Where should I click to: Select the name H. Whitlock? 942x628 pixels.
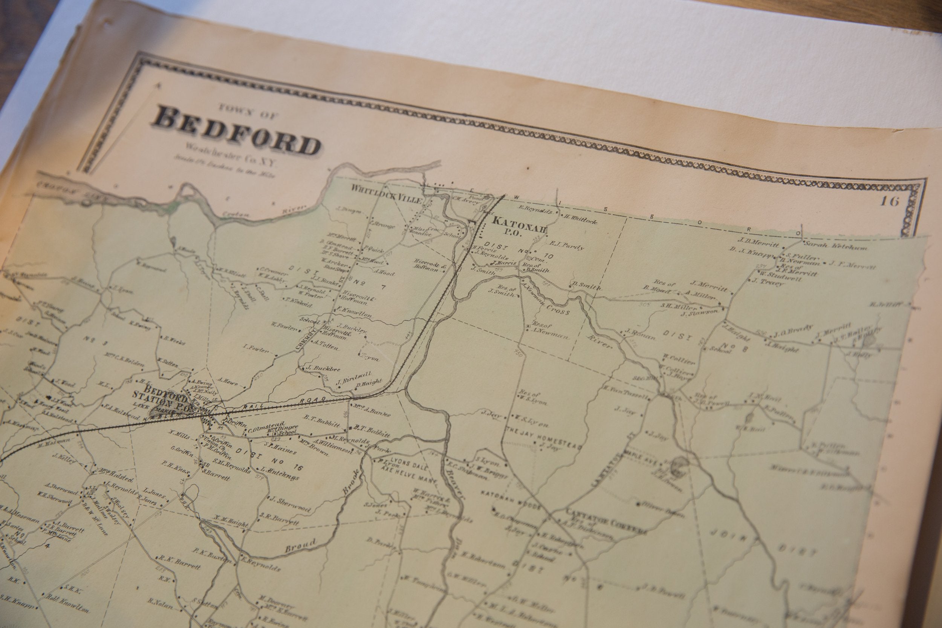pos(580,219)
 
